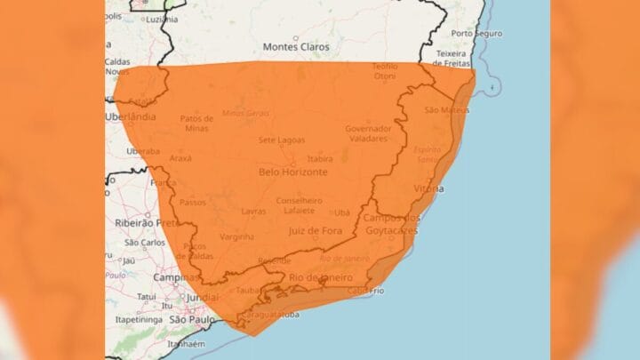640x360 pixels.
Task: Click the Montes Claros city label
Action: pos(296,46)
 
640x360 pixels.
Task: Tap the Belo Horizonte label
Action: pos(293,172)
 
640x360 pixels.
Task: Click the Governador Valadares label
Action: pos(368,133)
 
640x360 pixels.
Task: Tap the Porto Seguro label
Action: pos(476,34)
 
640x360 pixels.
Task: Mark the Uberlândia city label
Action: pos(130,116)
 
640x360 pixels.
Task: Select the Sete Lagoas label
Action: pos(282,140)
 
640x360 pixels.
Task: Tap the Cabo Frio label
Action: pos(364,291)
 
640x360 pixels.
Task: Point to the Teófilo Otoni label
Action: pos(384,70)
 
